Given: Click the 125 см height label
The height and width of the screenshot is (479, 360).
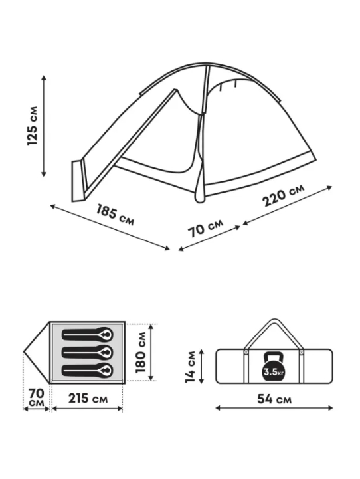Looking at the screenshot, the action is click(33, 126).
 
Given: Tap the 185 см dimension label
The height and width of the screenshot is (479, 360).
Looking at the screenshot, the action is click(115, 215).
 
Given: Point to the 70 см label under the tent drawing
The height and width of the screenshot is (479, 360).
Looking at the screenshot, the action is click(205, 227).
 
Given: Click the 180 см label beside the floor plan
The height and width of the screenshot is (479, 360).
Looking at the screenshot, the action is click(140, 352).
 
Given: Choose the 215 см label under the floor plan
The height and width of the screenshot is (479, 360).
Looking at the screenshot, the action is click(88, 399).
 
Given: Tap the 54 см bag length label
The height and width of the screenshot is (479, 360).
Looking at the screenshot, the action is click(274, 399).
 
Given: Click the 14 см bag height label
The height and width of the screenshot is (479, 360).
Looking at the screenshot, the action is click(190, 367).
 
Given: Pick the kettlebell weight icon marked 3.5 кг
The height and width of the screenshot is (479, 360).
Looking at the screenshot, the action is click(274, 367).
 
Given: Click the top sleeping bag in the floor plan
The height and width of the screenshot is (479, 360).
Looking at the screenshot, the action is click(87, 335).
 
